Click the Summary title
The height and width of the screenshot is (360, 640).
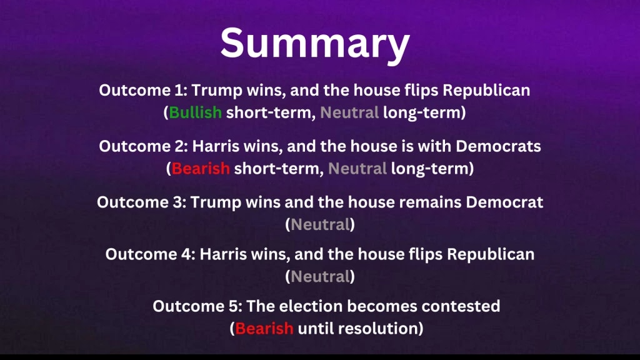pos(314,42)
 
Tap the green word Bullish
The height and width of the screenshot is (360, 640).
pos(195,113)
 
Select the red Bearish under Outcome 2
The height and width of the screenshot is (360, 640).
pos(201,169)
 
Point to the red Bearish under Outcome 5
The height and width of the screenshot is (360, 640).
pos(264,328)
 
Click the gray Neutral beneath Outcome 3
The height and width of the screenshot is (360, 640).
pos(319,225)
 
